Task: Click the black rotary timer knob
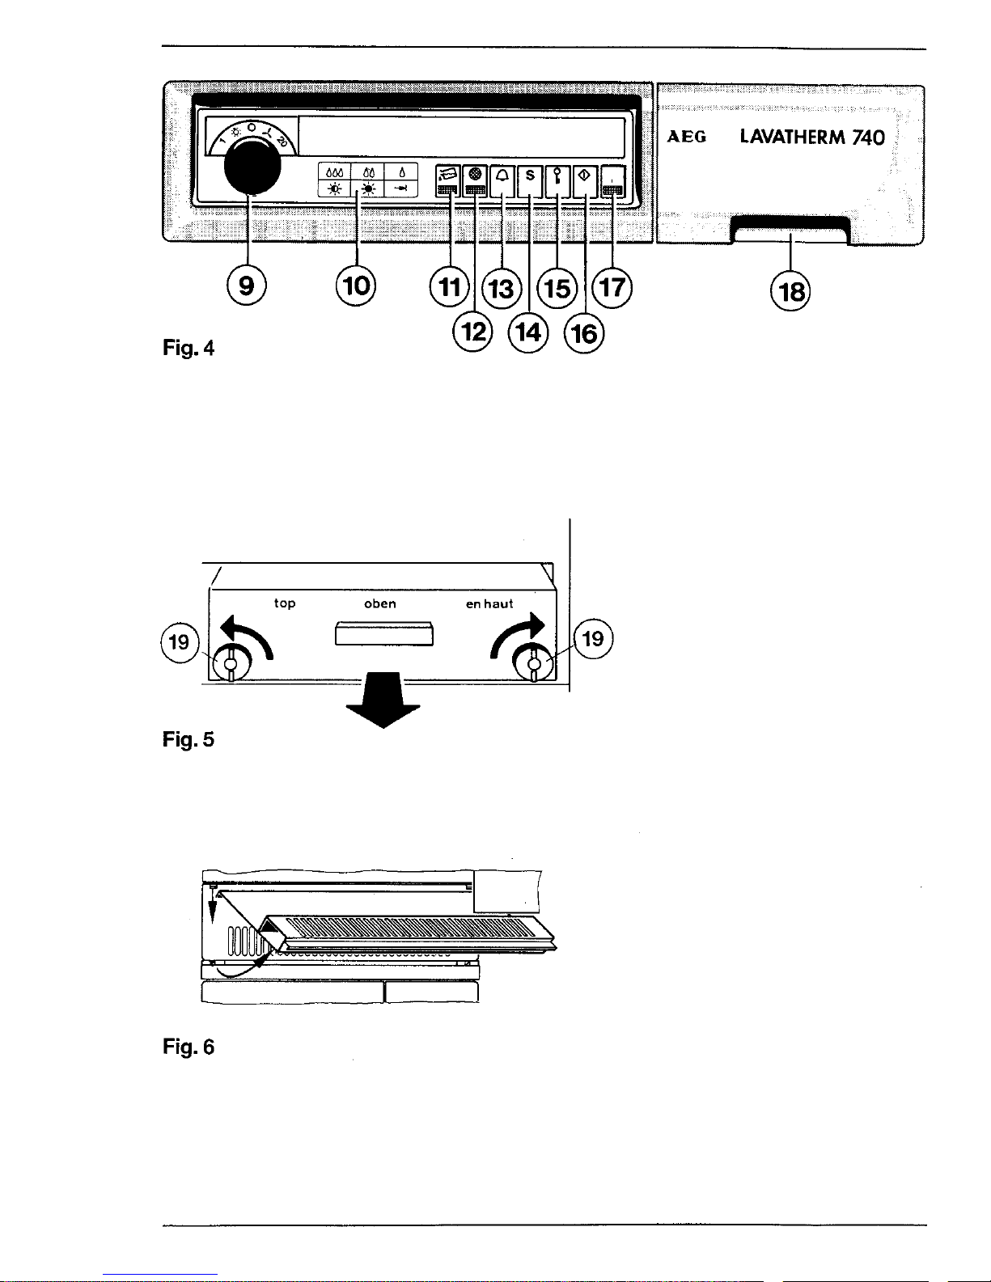[252, 167]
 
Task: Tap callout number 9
[247, 286]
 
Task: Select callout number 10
[356, 286]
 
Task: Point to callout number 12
[472, 332]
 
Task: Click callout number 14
[528, 333]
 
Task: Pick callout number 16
[584, 334]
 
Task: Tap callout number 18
[790, 291]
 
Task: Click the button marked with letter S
[530, 181]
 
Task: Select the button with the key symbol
[557, 181]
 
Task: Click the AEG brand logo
[686, 137]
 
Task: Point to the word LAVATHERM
[792, 137]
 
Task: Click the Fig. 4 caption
[188, 348]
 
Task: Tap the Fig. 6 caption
[188, 1047]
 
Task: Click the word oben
[380, 603]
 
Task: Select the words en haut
[489, 603]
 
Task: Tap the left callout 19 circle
[180, 641]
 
